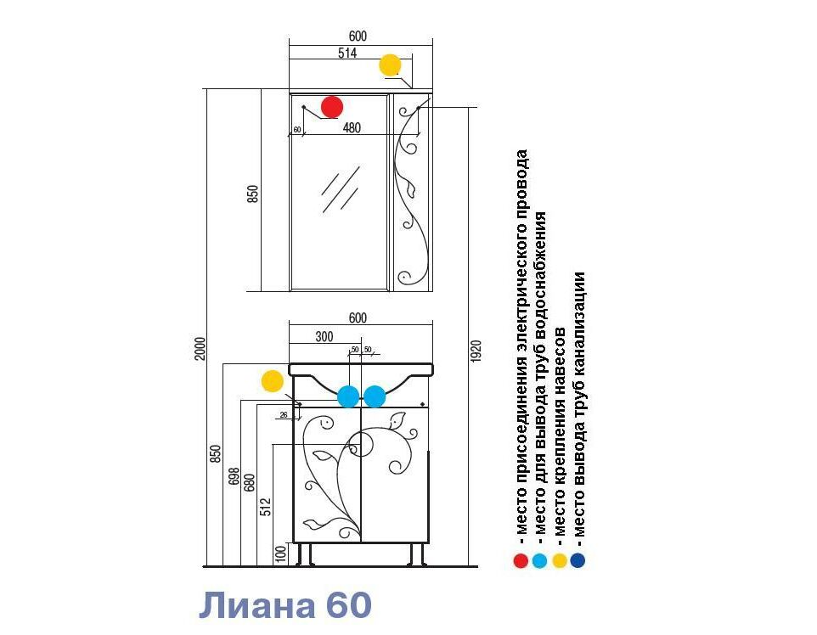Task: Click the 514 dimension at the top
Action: click(347, 53)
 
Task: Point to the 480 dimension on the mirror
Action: click(352, 127)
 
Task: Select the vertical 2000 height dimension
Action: click(200, 349)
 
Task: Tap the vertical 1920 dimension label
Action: click(476, 351)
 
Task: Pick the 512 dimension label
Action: click(266, 507)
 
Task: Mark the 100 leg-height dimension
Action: click(281, 554)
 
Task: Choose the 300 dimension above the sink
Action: click(324, 336)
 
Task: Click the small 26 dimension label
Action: click(284, 415)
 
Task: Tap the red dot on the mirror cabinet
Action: click(332, 107)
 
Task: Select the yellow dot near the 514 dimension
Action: click(390, 65)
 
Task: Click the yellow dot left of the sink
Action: click(272, 381)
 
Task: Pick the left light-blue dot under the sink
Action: click(348, 396)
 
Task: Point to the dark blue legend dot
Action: click(578, 560)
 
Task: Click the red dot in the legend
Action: click(521, 560)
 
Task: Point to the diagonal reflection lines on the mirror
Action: click(341, 189)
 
